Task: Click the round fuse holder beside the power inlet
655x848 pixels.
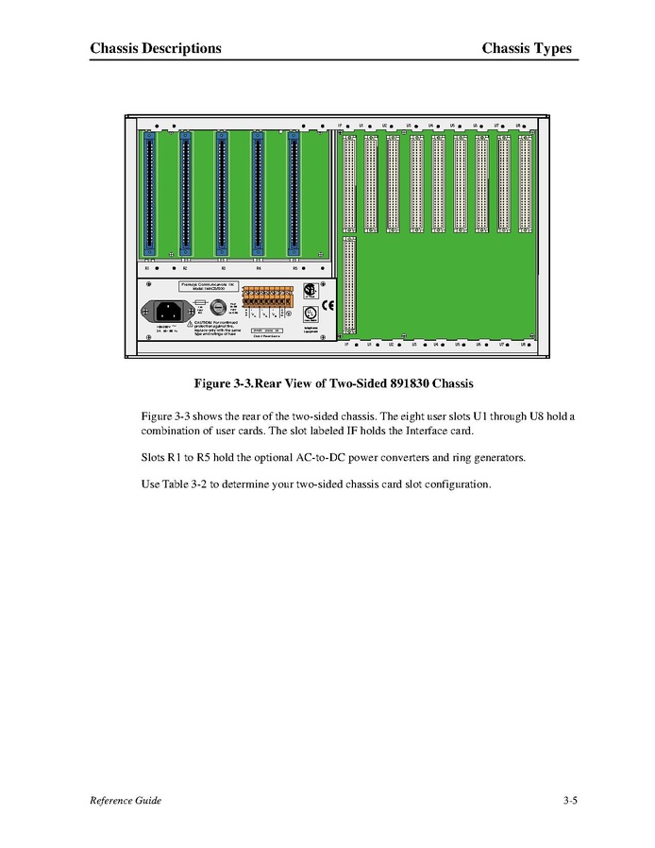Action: (x=216, y=308)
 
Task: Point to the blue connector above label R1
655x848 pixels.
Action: (x=149, y=193)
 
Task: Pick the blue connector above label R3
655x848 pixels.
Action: (x=222, y=193)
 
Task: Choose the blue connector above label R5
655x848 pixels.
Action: (x=294, y=193)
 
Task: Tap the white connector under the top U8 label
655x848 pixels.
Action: (x=525, y=181)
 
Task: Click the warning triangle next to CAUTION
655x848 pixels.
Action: (x=189, y=323)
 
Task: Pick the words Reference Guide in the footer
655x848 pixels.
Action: (x=126, y=801)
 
